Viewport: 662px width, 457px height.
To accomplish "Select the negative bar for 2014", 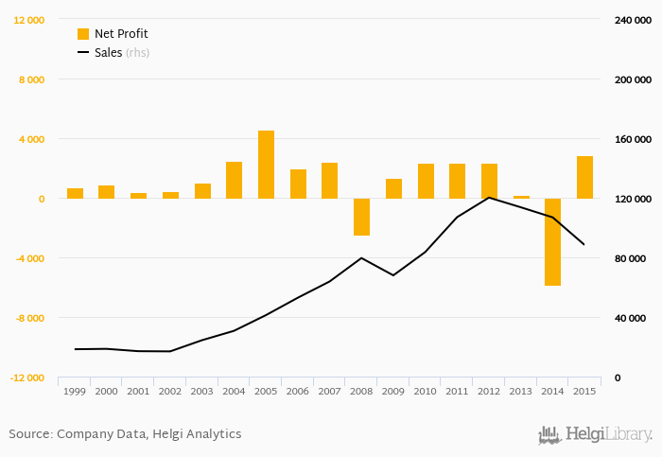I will [x=553, y=241].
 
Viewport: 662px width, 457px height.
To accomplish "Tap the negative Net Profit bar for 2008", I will [x=362, y=217].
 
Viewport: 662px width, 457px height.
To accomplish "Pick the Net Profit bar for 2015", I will [x=585, y=177].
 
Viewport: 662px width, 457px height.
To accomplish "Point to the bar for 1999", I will [x=76, y=193].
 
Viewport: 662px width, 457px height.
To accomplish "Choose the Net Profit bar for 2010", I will [x=426, y=181].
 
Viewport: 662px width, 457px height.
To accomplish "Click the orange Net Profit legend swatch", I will [x=83, y=34].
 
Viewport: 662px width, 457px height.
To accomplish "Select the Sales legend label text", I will [x=108, y=53].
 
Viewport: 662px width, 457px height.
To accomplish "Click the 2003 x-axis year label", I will [x=202, y=391].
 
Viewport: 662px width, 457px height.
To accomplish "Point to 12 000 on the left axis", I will [x=28, y=20].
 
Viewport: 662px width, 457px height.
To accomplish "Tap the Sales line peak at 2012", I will [x=489, y=197].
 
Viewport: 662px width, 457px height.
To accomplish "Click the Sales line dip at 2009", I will [x=393, y=274].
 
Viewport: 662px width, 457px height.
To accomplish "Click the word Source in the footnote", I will [x=29, y=433].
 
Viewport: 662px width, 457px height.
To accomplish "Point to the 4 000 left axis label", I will [x=32, y=139].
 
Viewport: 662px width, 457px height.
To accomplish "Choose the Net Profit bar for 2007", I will [x=330, y=181].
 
